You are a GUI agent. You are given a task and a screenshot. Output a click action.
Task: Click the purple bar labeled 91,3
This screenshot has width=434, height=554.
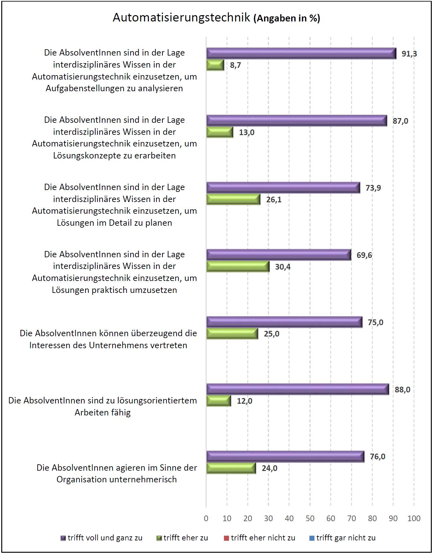pyautogui.click(x=301, y=53)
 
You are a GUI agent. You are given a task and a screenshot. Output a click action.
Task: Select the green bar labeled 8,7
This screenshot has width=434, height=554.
pyautogui.click(x=215, y=65)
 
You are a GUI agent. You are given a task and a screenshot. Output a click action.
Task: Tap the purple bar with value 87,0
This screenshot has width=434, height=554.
pyautogui.click(x=296, y=121)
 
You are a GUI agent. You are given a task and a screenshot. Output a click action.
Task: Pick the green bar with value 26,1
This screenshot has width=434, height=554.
pyautogui.click(x=233, y=200)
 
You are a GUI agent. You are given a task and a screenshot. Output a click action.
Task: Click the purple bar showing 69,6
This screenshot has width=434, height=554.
pyautogui.click(x=279, y=255)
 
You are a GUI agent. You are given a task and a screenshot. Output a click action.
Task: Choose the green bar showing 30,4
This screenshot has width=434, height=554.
pyautogui.click(x=238, y=267)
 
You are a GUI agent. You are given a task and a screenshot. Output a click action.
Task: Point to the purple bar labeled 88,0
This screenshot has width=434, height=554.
pyautogui.click(x=298, y=389)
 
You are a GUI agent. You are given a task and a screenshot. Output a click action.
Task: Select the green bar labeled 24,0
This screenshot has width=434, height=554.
pyautogui.click(x=231, y=468)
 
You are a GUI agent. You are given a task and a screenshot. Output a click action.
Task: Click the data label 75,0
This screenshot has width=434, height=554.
pyautogui.click(x=375, y=322)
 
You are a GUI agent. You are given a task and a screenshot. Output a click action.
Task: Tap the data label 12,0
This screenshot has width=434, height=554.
pyautogui.click(x=244, y=401)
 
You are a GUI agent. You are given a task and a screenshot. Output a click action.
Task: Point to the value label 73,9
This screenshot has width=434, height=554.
pyautogui.click(x=373, y=188)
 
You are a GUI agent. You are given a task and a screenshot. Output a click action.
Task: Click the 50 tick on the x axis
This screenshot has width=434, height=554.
pyautogui.click(x=310, y=518)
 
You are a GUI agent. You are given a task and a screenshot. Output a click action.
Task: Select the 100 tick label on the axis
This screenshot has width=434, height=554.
pyautogui.click(x=414, y=518)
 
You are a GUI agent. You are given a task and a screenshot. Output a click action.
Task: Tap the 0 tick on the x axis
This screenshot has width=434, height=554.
pyautogui.click(x=206, y=518)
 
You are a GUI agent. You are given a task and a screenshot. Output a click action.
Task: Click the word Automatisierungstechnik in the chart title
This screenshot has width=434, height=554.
pyautogui.click(x=181, y=18)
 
